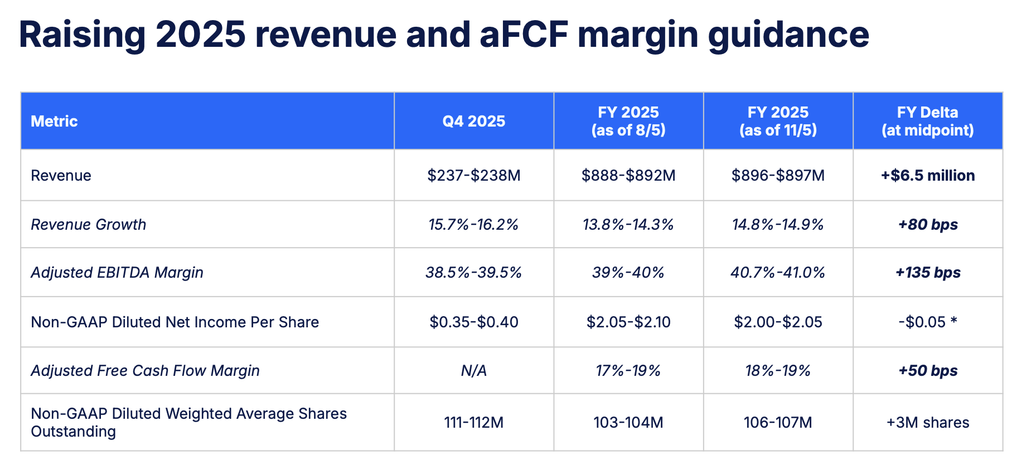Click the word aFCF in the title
[523, 35]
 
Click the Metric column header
[54, 121]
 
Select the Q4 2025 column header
[473, 121]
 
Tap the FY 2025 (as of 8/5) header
[628, 121]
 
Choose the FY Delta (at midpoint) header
[927, 121]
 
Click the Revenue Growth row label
[88, 224]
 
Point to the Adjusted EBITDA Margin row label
[117, 272]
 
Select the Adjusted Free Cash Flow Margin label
[145, 370]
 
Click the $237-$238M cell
[473, 175]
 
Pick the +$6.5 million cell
[927, 175]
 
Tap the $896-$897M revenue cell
[778, 175]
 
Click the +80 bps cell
[927, 224]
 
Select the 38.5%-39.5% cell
[473, 272]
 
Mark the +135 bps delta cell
[927, 272]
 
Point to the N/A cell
[473, 370]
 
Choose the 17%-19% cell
[628, 370]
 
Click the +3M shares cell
[927, 422]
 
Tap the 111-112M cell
[473, 422]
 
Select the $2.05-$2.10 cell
[628, 322]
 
